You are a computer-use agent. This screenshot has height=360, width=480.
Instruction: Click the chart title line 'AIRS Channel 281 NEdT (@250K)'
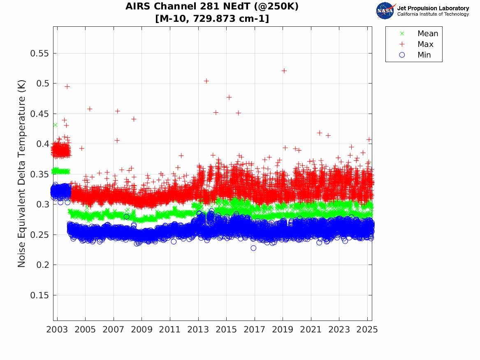point(212,7)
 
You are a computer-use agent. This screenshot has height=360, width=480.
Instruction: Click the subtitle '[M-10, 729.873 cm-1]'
point(212,19)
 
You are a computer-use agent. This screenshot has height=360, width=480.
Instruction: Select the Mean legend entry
point(427,34)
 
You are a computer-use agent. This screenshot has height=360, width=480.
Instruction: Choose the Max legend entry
point(425,44)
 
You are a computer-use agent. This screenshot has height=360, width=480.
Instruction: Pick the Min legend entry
point(424,55)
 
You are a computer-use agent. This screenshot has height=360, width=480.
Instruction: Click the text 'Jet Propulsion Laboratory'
point(433,8)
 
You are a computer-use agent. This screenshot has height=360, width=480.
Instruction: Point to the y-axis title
point(22,174)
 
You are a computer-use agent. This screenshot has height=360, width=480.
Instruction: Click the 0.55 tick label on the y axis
point(40,53)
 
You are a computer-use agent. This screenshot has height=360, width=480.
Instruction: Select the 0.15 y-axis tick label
point(40,295)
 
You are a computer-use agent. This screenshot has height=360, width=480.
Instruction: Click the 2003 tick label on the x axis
point(57,330)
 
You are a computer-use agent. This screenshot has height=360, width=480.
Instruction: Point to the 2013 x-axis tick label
point(198,330)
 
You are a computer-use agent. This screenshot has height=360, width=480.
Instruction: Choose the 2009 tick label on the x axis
point(142,330)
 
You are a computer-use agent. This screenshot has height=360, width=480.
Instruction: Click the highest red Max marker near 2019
point(284,71)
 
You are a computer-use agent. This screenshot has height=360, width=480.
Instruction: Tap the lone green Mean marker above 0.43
point(55,125)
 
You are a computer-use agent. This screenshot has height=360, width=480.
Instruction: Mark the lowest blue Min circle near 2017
point(253,248)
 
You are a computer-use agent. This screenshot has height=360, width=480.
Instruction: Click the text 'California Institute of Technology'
point(433,14)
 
